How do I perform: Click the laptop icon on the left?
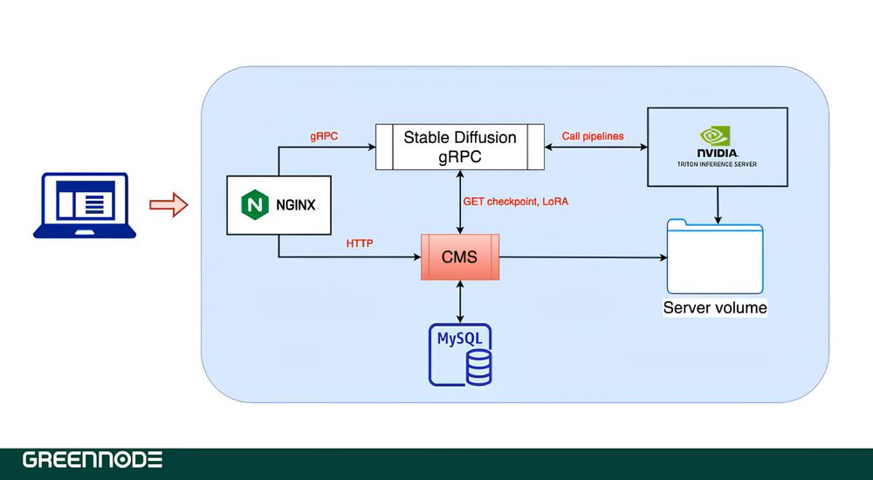tap(84, 205)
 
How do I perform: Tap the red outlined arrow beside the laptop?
tap(168, 206)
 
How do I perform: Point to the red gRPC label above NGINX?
tap(325, 136)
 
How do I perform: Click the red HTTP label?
tap(360, 243)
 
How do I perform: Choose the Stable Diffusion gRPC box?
tap(459, 147)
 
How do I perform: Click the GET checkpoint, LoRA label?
tap(515, 202)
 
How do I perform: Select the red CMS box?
tap(460, 257)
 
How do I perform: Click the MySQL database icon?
tap(460, 354)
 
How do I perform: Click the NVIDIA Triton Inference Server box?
tap(717, 147)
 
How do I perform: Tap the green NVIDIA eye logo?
tap(717, 135)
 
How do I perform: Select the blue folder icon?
tap(715, 257)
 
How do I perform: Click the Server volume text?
tap(715, 307)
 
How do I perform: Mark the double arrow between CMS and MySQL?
tap(460, 302)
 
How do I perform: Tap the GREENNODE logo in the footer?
tap(93, 460)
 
